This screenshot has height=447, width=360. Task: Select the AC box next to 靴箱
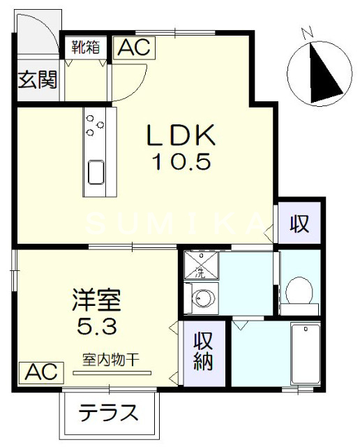134,47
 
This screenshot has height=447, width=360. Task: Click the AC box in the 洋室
41,372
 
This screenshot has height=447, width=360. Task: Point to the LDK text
183,134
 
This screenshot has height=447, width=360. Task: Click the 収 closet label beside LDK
300,224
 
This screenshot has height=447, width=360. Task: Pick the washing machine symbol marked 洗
200,265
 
